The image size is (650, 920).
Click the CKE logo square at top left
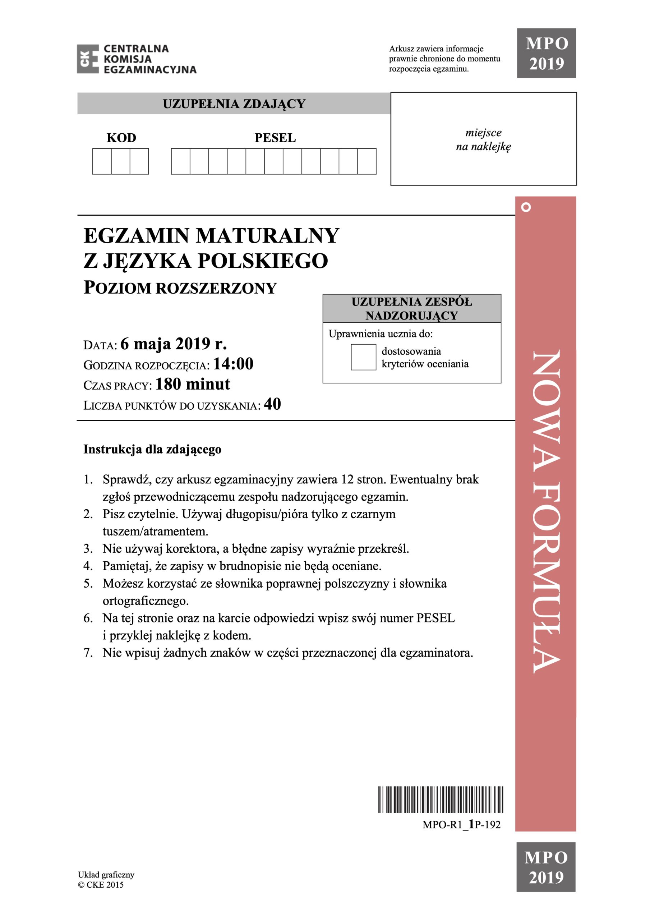88,59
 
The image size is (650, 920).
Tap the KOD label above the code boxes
121,138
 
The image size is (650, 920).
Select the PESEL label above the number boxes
275,138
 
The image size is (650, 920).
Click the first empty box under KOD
102,161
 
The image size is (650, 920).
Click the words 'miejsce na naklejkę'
483,139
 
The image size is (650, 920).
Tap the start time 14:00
233,364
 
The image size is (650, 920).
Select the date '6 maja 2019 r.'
174,344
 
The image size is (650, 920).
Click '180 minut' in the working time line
193,384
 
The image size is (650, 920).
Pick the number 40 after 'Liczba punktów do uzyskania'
272,404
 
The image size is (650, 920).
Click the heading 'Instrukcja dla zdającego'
152,449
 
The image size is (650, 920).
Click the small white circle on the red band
526,207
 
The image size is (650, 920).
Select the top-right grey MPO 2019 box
546,53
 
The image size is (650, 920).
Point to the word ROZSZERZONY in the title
216,289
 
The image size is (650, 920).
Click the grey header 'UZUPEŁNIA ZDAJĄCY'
234,104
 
